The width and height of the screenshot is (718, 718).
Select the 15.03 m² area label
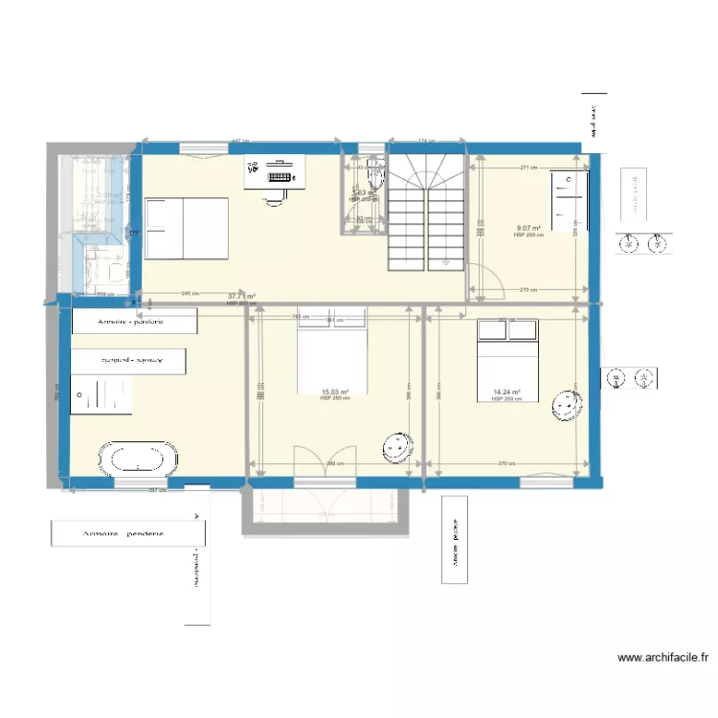334,392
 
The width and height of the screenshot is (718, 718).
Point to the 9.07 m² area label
529,228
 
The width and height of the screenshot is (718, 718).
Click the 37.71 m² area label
241,297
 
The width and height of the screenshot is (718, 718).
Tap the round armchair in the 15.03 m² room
397,447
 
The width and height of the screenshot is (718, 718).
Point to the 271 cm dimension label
527,168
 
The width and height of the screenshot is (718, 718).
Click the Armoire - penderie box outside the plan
123,533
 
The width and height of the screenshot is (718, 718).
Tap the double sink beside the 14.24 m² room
631,380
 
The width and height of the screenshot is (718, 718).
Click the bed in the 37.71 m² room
187,228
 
